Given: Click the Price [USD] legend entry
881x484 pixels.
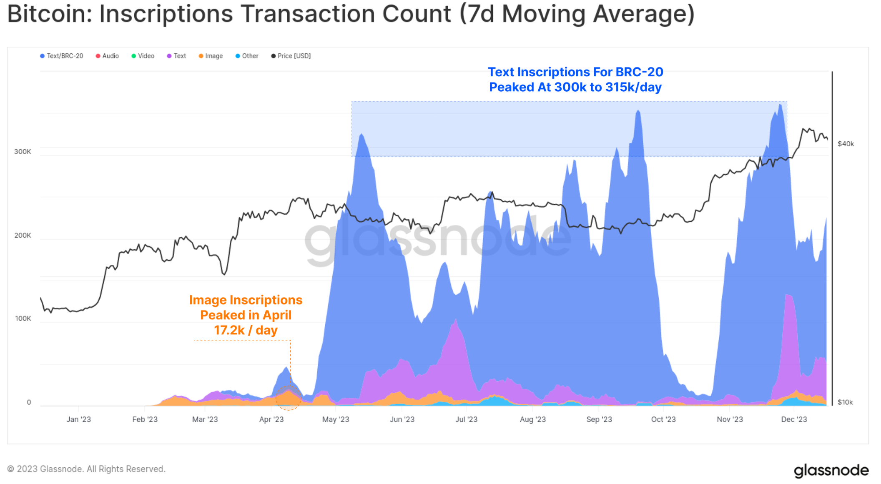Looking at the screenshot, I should tap(291, 56).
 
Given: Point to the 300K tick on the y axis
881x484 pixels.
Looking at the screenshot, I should tap(23, 152).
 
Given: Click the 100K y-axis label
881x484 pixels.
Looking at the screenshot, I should tap(23, 318).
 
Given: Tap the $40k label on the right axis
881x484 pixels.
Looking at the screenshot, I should tap(846, 144).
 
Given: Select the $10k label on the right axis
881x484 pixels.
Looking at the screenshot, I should tap(845, 402).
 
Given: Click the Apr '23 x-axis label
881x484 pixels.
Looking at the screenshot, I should tap(271, 419).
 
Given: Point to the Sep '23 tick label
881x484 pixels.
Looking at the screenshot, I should tap(599, 419).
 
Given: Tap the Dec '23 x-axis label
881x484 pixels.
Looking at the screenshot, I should tap(793, 419).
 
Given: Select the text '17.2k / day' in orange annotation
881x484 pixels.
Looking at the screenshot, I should tap(246, 330).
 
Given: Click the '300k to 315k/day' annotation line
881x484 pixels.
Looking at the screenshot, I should tap(575, 87).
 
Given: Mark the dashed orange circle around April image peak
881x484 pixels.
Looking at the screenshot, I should tap(288, 398).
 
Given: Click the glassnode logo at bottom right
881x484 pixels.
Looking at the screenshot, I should tap(831, 470).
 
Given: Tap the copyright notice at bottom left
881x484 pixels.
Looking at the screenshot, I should tap(86, 469).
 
